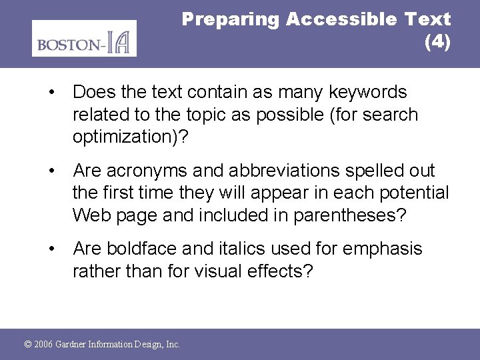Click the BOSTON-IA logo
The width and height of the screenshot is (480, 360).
pyautogui.click(x=84, y=39)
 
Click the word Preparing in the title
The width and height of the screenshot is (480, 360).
pyautogui.click(x=231, y=19)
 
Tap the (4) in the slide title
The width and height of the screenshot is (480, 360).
pyautogui.click(x=437, y=43)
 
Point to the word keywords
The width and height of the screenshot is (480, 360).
pyautogui.click(x=365, y=91)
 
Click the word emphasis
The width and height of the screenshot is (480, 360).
pyautogui.click(x=382, y=249)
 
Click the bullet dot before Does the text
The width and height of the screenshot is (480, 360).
pyautogui.click(x=51, y=92)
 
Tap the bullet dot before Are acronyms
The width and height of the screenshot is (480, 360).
pyautogui.click(x=51, y=171)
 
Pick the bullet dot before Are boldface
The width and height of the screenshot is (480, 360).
pyautogui.click(x=51, y=249)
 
